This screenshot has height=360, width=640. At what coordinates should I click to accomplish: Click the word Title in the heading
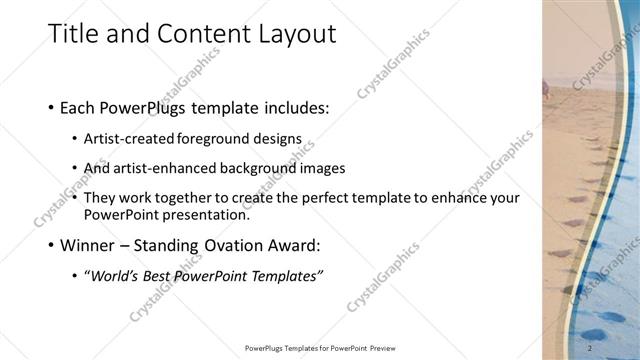click(73, 34)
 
